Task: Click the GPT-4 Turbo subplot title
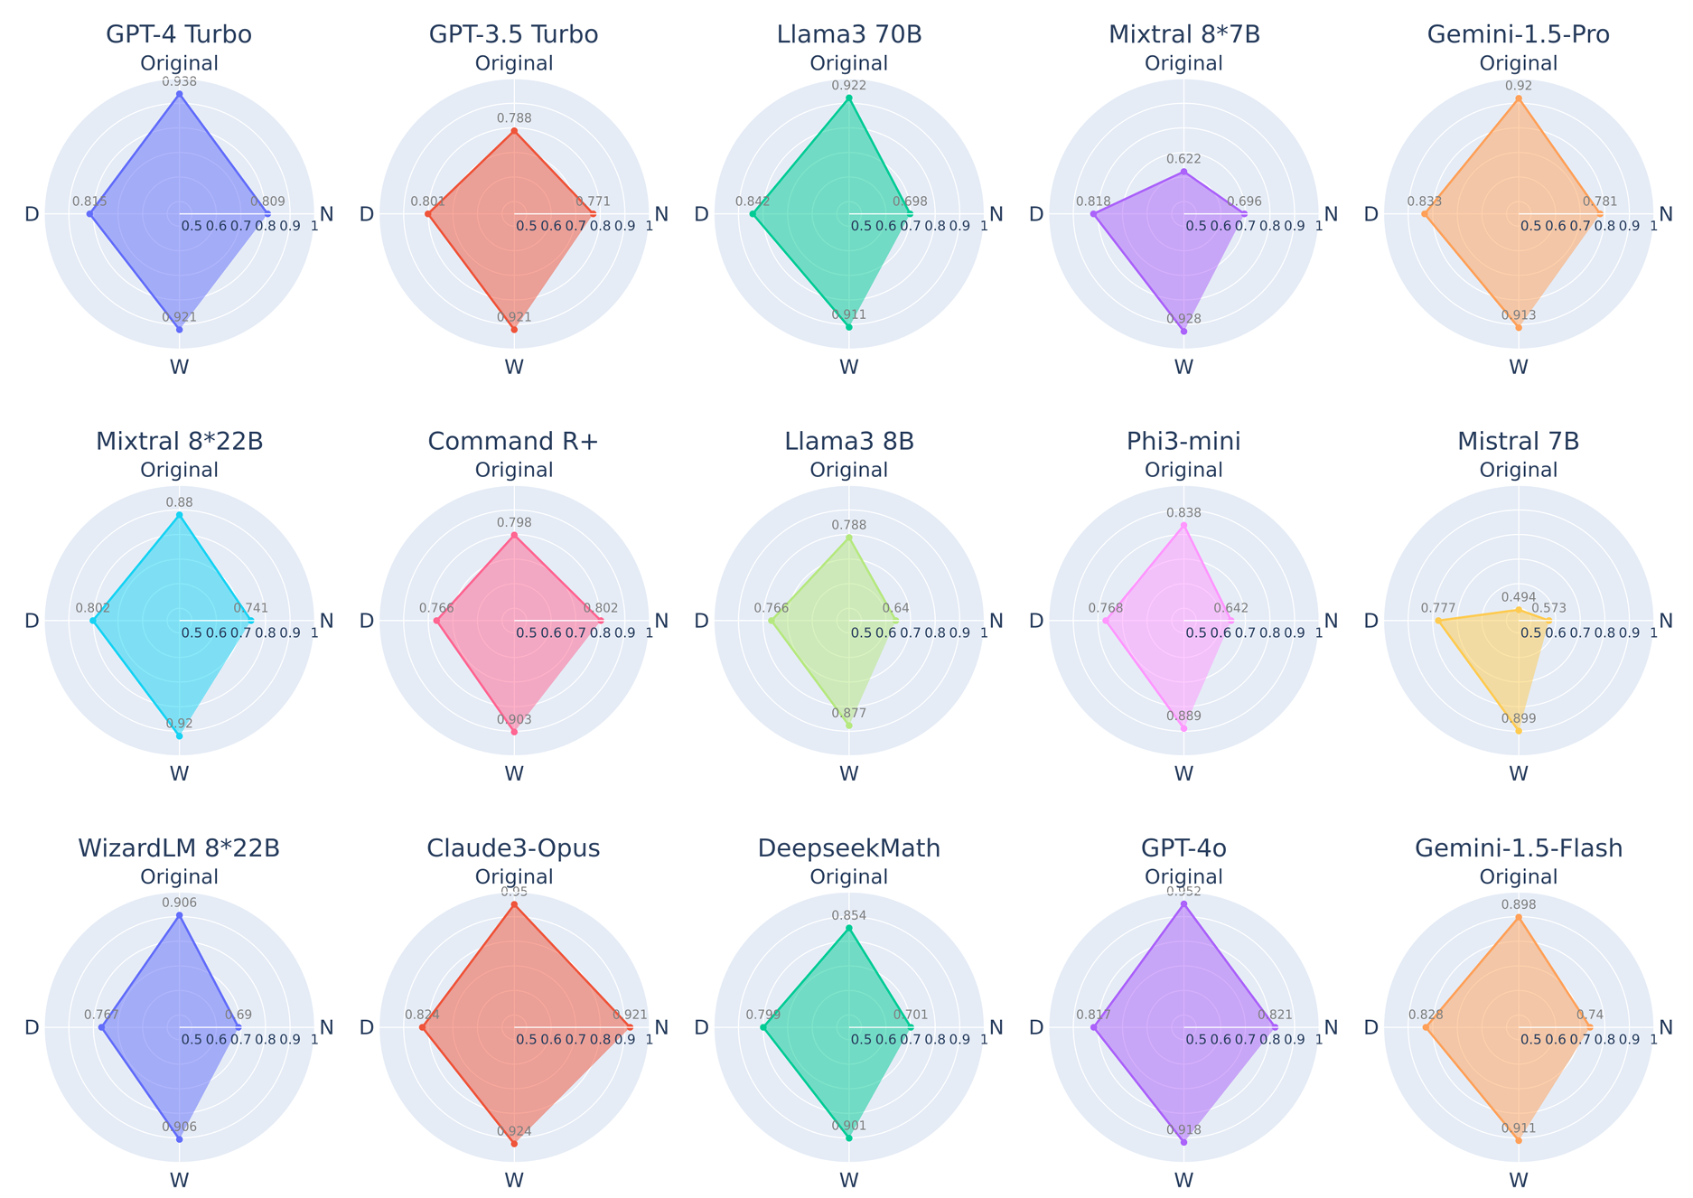point(179,35)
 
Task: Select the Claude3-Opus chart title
point(514,848)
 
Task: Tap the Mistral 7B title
point(1518,442)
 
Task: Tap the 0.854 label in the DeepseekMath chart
point(848,915)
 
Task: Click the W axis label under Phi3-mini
point(1183,773)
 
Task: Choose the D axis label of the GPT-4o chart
point(1036,1027)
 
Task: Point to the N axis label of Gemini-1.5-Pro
point(1666,214)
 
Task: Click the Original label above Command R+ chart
point(514,470)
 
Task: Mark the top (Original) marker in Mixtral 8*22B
point(179,515)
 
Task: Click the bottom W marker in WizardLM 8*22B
point(179,1140)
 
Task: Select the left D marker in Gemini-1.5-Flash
point(1425,1027)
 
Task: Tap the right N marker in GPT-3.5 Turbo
point(593,214)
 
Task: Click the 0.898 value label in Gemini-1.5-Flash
point(1518,904)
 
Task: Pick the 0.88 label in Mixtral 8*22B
point(179,502)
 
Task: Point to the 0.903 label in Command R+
point(514,720)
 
